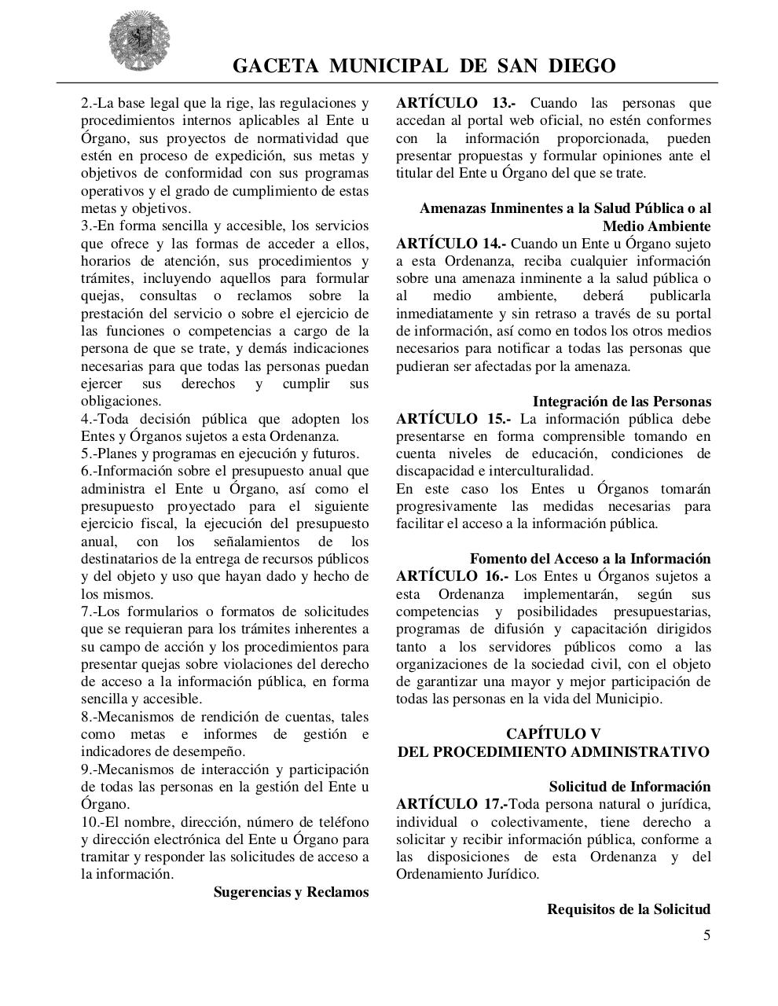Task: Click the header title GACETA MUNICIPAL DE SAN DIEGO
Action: pos(424,66)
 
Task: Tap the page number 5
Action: pos(706,934)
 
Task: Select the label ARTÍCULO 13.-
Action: pos(452,103)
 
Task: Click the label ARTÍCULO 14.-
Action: pos(451,244)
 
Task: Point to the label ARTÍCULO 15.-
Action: pos(452,419)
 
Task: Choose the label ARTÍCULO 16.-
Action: pos(452,576)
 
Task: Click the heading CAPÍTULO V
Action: pos(552,734)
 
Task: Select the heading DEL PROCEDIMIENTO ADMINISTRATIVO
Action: pos(552,752)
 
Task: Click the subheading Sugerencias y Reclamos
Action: pos(291,892)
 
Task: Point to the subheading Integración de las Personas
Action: pos(621,402)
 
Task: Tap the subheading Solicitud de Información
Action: pos(629,787)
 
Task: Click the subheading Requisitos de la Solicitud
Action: pos(629,909)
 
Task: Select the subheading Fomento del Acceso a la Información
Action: pos(589,559)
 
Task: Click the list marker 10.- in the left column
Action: pos(91,822)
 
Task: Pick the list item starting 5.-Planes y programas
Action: pos(220,453)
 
